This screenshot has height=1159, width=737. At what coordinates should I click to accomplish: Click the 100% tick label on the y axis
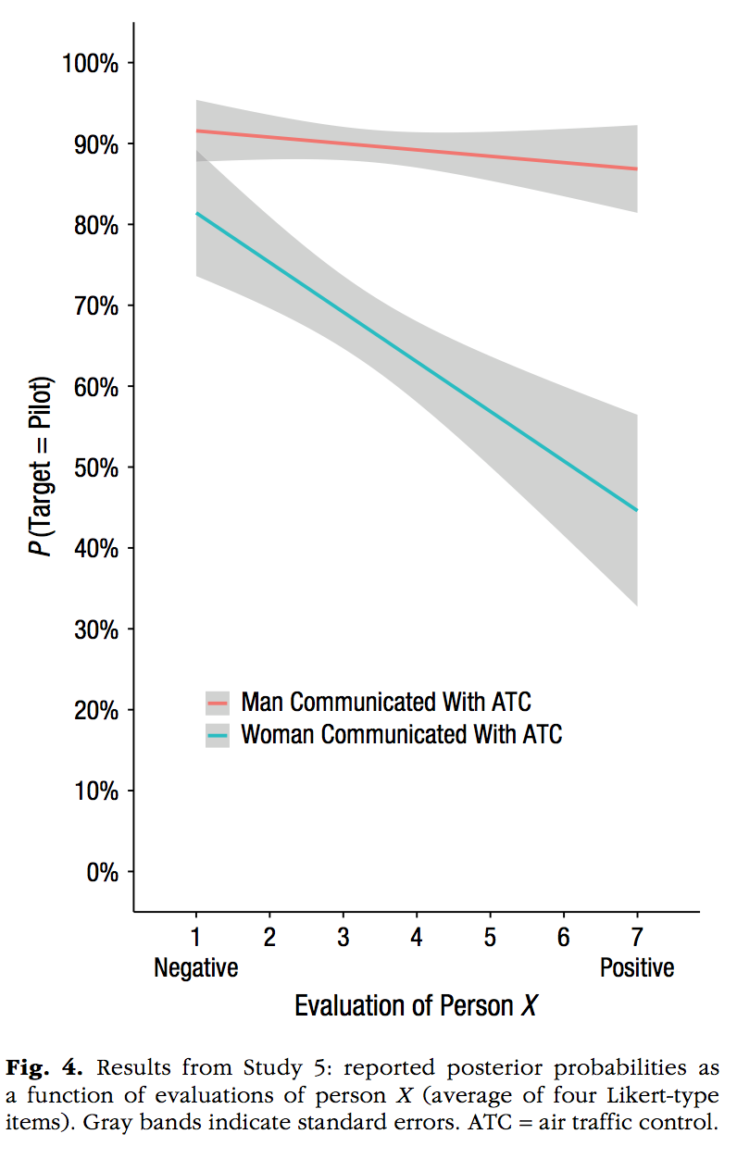tap(90, 63)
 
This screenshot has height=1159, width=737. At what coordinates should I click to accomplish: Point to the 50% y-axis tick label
tap(94, 467)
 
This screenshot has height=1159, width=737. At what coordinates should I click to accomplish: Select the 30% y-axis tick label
tap(94, 629)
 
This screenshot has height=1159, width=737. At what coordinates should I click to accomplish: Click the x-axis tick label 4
tap(417, 938)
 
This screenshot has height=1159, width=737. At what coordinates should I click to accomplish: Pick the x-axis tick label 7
tap(637, 938)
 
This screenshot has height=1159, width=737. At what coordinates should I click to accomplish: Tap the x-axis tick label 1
tap(196, 938)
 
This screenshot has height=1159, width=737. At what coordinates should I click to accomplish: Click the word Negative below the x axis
tap(196, 968)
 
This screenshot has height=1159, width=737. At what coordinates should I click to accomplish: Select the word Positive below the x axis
tap(637, 968)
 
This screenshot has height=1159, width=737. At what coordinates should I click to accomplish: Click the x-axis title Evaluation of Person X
tap(416, 1005)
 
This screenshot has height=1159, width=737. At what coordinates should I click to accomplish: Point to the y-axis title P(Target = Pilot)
tap(40, 467)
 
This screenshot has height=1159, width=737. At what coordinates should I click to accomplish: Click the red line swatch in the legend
tap(218, 702)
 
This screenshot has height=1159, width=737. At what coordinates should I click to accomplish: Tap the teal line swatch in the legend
tap(218, 735)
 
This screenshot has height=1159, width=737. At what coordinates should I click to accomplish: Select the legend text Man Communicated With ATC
tap(385, 702)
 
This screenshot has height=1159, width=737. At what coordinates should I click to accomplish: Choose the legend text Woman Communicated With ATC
tap(401, 735)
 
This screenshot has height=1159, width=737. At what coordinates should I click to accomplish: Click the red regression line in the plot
tap(417, 150)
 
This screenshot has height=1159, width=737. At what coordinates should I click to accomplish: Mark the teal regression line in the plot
tap(417, 362)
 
